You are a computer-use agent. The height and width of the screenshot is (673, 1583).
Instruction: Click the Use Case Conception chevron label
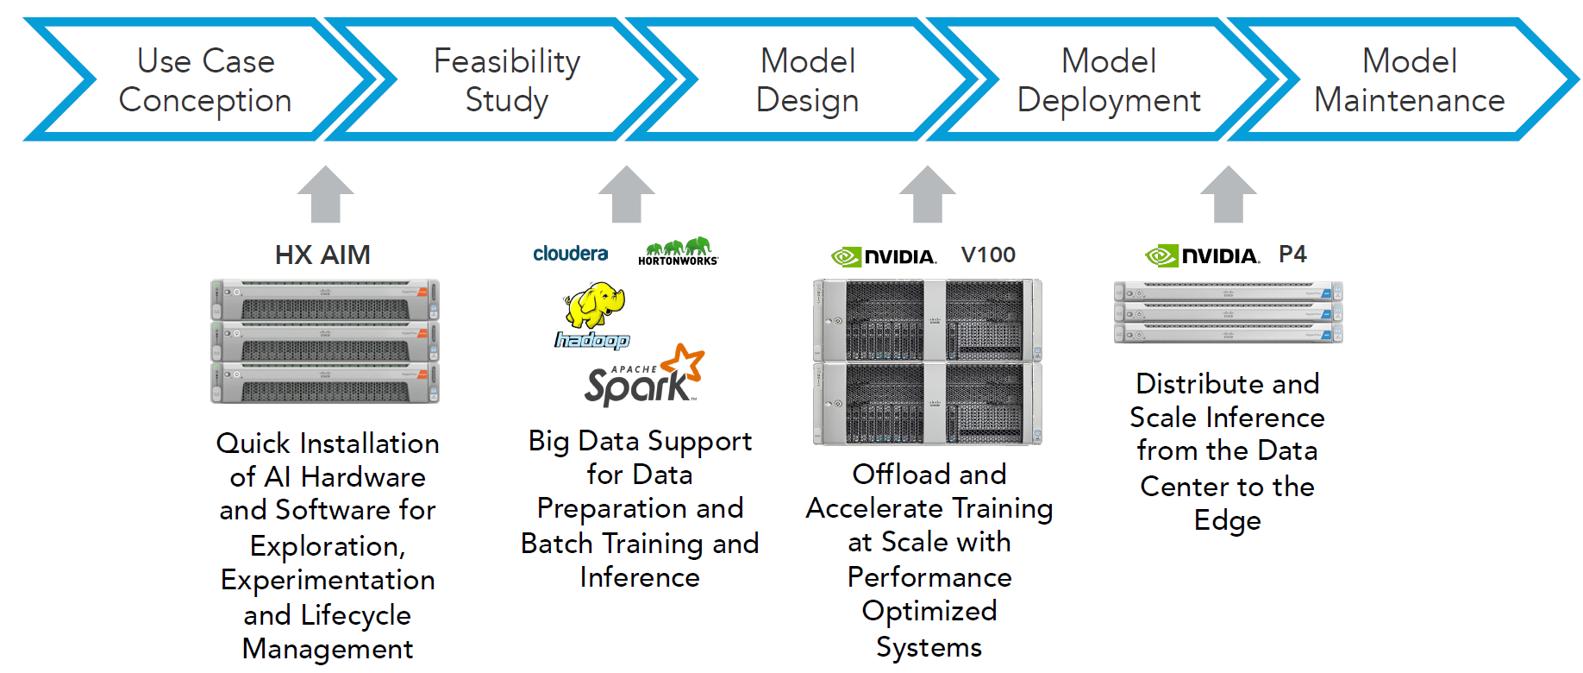[205, 80]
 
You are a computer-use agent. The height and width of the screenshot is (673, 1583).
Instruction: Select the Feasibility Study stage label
[507, 80]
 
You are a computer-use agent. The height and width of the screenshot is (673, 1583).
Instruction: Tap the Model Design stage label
[808, 80]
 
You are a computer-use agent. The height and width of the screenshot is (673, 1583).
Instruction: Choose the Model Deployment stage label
[1109, 80]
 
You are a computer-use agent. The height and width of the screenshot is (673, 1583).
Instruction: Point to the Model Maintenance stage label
[1410, 80]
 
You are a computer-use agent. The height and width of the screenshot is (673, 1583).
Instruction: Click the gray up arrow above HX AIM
[326, 194]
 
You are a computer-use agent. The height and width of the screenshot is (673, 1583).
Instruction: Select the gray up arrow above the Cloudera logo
[627, 194]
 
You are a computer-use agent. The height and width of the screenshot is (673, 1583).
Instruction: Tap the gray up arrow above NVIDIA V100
[928, 194]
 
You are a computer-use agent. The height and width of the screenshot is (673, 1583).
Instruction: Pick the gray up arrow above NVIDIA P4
[1229, 194]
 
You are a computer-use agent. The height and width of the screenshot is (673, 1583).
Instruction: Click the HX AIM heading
[322, 255]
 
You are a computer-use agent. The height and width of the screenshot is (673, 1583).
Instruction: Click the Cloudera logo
[571, 254]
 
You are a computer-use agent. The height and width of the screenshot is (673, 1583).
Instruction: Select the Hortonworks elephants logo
[678, 251]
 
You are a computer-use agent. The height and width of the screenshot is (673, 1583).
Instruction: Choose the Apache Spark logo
[644, 375]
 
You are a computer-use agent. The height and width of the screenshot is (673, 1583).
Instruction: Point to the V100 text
[988, 255]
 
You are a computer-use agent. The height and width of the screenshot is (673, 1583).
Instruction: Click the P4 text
[1292, 254]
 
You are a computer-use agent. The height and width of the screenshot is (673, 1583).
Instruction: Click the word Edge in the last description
[1228, 521]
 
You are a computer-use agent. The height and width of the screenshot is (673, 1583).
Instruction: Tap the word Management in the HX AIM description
[328, 649]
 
